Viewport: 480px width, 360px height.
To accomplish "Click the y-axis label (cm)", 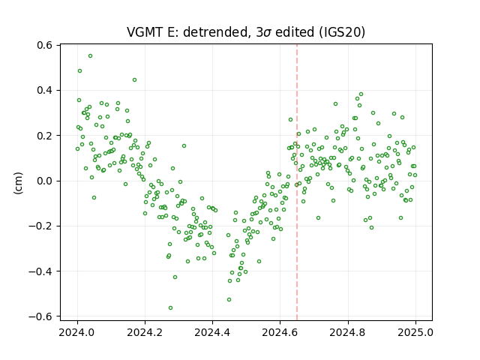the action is click(x=18, y=183).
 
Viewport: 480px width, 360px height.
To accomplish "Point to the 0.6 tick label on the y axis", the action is click(x=45, y=45).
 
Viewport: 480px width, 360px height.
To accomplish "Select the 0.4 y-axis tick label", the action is click(x=45, y=90).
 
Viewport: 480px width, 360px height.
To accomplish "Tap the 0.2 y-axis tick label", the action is click(x=45, y=136).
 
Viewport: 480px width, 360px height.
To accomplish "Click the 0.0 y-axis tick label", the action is click(x=45, y=181).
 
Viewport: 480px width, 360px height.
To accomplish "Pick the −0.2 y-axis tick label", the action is click(x=40, y=226).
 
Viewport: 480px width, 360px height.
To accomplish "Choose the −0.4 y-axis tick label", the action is click(x=40, y=271).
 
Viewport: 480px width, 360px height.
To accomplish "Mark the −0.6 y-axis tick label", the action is click(x=40, y=316).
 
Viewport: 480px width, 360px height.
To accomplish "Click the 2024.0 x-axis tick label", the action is click(x=77, y=332).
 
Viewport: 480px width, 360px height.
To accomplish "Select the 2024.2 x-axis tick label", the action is click(x=145, y=332).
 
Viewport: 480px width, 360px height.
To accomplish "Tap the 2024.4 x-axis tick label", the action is click(x=212, y=332).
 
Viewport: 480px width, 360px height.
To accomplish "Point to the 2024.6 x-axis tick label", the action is click(x=280, y=332).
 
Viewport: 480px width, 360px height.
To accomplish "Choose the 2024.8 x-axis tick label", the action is click(x=348, y=332).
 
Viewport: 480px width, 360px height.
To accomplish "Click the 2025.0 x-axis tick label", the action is click(x=415, y=332).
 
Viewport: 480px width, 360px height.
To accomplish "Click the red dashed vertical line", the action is click(x=297, y=182).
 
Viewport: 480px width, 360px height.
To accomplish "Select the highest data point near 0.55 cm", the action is click(x=90, y=56).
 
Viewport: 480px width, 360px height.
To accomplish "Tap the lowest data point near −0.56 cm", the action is click(x=170, y=308).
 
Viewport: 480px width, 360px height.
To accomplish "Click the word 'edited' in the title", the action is click(x=295, y=31).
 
